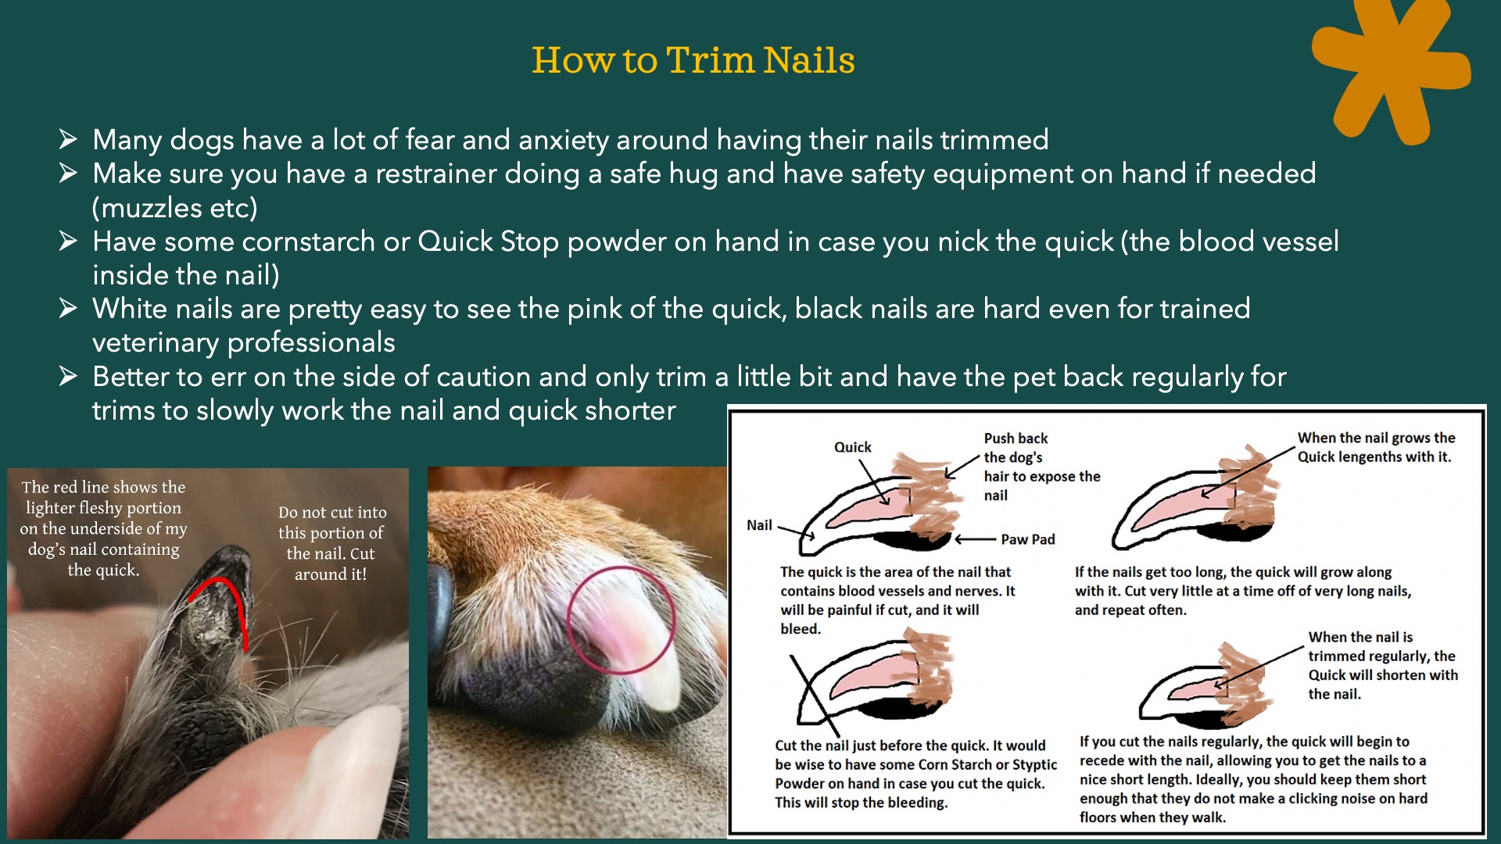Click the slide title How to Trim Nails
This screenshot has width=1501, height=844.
coord(693,60)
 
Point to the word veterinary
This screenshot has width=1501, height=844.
coord(156,342)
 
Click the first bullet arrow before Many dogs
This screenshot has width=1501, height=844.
coord(68,140)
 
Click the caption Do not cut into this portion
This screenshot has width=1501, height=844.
coord(332,543)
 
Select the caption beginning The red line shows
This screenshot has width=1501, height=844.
coord(103,528)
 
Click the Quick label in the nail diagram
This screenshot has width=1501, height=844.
coord(852,447)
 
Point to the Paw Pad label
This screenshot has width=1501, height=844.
coord(1028,539)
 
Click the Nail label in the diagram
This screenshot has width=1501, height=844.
coord(759,525)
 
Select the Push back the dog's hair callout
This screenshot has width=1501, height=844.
coord(1041,467)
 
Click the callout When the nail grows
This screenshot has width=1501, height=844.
coord(1376,447)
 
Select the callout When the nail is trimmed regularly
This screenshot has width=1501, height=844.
coord(1382,665)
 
